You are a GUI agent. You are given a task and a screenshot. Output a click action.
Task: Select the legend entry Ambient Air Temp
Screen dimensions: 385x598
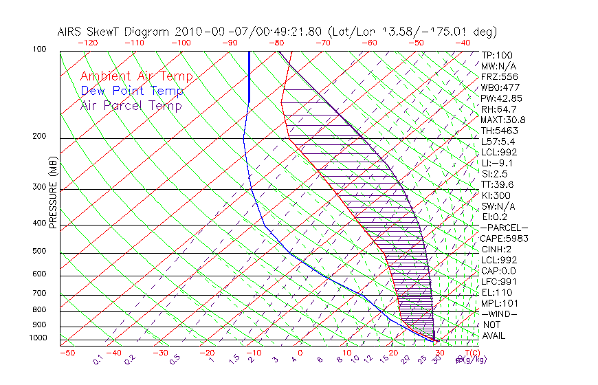(136, 76)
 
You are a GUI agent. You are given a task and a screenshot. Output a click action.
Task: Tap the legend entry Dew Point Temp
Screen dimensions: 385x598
(132, 91)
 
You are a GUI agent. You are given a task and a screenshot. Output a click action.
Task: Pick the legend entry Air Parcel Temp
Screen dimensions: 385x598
(131, 105)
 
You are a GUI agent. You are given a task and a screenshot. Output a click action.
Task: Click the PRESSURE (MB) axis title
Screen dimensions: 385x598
(53, 197)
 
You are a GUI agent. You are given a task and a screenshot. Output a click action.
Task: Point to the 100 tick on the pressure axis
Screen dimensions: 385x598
(39, 49)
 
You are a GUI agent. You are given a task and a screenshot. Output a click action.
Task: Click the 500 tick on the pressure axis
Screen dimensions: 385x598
(39, 252)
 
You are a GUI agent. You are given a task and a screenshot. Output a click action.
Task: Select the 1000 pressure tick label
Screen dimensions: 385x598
(37, 338)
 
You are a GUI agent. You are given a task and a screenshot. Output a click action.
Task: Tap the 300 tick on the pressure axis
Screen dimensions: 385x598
(39, 187)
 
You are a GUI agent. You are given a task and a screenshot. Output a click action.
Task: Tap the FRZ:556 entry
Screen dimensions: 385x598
(496, 77)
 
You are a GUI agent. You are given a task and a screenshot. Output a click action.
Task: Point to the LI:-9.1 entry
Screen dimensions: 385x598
(496, 163)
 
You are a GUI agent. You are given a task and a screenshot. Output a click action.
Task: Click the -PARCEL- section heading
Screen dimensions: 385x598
(504, 228)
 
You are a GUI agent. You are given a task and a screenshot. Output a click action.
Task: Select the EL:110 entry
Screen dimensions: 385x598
(494, 292)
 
